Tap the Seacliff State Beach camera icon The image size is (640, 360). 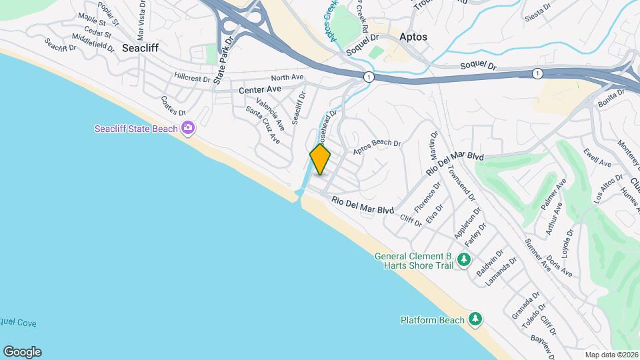coord(189,128)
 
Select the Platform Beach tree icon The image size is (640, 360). coord(475,320)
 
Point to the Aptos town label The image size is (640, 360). coord(413,37)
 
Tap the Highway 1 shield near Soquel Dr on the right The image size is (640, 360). coord(537,73)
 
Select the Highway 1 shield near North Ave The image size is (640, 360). coord(368,77)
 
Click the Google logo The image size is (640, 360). coord(22,352)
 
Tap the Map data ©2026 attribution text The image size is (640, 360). coord(611,355)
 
